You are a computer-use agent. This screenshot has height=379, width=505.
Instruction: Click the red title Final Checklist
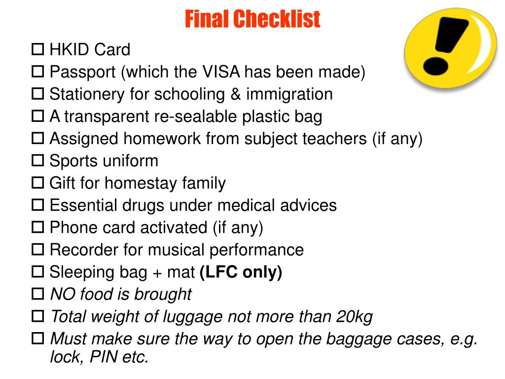pyautogui.click(x=252, y=19)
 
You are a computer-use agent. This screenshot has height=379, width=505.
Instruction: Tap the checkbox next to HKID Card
pyautogui.click(x=37, y=49)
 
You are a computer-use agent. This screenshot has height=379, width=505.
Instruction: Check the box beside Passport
pyautogui.click(x=37, y=72)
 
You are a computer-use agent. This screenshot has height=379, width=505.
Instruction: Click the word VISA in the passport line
pyautogui.click(x=221, y=72)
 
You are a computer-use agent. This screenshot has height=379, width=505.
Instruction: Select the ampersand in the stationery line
pyautogui.click(x=235, y=94)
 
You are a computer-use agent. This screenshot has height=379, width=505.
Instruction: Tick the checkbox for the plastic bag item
pyautogui.click(x=37, y=116)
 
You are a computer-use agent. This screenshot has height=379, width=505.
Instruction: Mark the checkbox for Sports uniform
pyautogui.click(x=37, y=160)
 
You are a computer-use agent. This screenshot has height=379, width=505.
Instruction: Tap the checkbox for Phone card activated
pyautogui.click(x=37, y=227)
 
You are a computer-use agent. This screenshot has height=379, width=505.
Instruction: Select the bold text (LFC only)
pyautogui.click(x=241, y=272)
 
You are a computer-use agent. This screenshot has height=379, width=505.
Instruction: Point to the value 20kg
pyautogui.click(x=354, y=317)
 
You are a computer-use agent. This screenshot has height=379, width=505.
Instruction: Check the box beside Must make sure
pyautogui.click(x=37, y=339)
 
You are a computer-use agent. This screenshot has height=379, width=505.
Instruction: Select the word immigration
pyautogui.click(x=289, y=94)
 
